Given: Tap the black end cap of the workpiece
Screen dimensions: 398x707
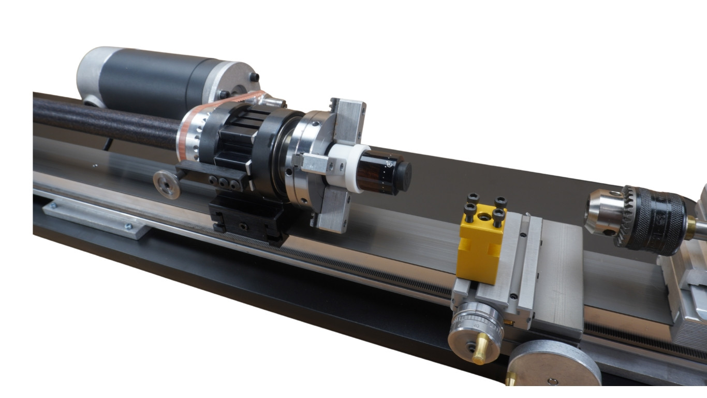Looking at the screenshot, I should click(x=402, y=171).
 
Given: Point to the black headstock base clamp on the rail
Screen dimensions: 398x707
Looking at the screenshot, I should click(x=248, y=220).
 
